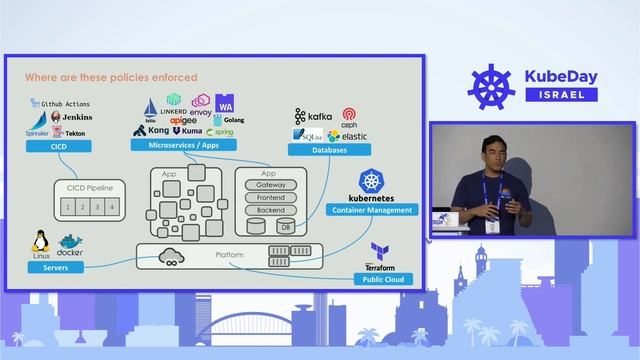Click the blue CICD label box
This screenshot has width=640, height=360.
[x=59, y=146]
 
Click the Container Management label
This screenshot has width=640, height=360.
[x=372, y=210]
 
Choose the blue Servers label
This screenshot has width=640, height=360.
[x=55, y=267]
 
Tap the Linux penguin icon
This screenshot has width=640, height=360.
[x=42, y=241]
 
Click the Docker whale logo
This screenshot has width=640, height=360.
[x=70, y=242]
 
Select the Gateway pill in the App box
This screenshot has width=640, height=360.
[x=270, y=185]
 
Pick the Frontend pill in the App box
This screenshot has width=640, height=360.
[x=270, y=198]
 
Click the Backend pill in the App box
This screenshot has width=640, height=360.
[x=270, y=211]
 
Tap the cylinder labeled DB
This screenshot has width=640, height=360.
[x=286, y=227]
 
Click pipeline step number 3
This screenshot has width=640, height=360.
[x=98, y=206]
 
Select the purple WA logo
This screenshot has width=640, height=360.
[x=225, y=104]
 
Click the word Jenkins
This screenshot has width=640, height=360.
[x=77, y=117]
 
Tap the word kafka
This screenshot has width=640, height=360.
[x=319, y=117]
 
